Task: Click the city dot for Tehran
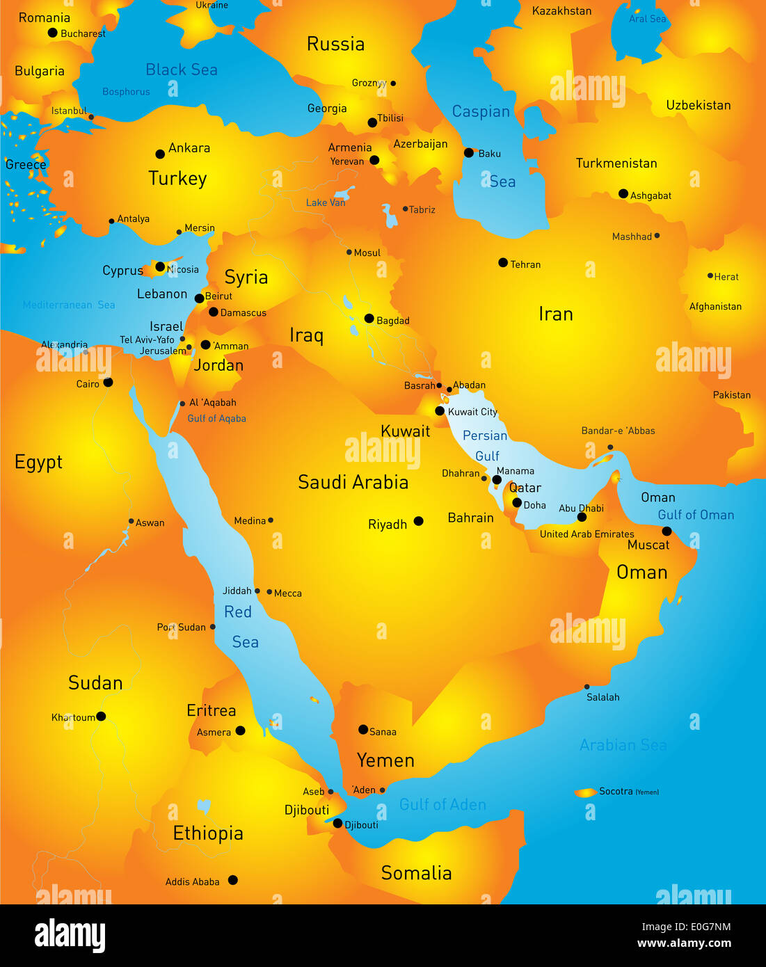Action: (x=503, y=262)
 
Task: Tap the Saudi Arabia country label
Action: (x=353, y=482)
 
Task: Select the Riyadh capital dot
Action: (x=418, y=521)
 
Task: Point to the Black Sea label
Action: (x=182, y=70)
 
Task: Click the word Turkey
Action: (x=177, y=179)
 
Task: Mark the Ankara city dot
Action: (x=160, y=154)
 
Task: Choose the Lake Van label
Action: (x=326, y=202)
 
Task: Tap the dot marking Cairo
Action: (x=108, y=383)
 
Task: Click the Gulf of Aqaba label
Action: (x=216, y=419)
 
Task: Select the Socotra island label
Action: (x=616, y=791)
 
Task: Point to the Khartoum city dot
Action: (x=101, y=716)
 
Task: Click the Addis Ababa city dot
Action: (x=233, y=880)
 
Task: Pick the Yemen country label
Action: (x=385, y=760)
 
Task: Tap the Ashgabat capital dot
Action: (x=623, y=193)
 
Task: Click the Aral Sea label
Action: (x=647, y=19)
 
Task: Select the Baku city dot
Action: (x=469, y=152)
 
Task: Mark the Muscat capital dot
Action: (x=667, y=531)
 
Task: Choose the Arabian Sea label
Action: (x=623, y=745)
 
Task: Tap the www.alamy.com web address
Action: (x=684, y=943)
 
